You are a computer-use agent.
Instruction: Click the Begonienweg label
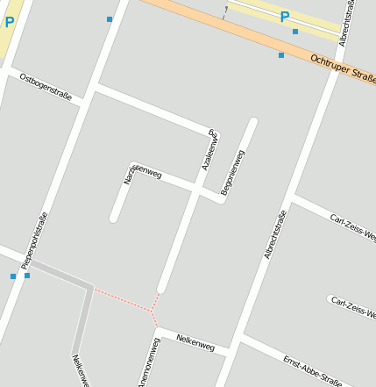(232, 172)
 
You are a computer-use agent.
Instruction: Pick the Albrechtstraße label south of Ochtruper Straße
(276, 234)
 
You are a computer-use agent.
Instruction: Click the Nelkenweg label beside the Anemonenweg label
(195, 341)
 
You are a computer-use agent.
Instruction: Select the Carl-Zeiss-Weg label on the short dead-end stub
(354, 306)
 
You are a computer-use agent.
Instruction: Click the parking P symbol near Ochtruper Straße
(284, 16)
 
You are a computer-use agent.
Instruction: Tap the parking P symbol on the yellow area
(9, 22)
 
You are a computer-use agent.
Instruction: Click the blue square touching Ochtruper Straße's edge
(281, 55)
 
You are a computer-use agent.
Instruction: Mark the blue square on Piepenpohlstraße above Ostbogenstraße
(110, 18)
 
